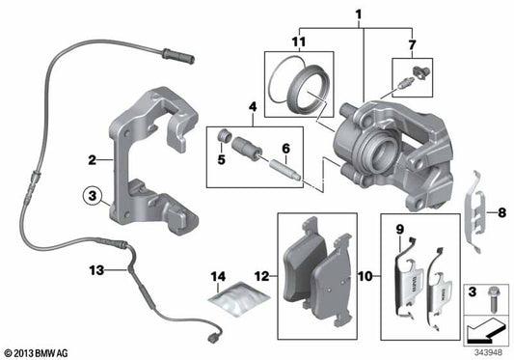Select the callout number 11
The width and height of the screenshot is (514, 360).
tap(299, 43)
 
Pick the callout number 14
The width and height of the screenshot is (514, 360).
tap(218, 277)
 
